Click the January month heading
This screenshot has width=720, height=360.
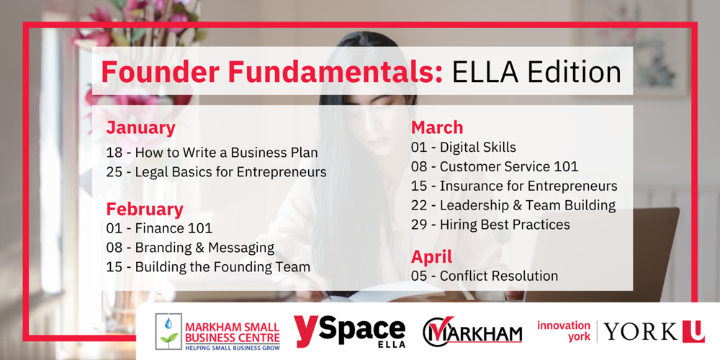click(x=140, y=129)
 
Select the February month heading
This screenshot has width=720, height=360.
click(x=145, y=210)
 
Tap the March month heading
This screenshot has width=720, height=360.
click(x=437, y=127)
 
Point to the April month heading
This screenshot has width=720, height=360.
click(x=431, y=256)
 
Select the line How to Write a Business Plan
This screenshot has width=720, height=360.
click(x=212, y=153)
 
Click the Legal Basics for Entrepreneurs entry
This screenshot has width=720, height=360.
click(x=216, y=172)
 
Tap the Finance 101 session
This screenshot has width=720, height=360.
click(x=159, y=228)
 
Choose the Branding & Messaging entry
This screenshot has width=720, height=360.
click(x=190, y=248)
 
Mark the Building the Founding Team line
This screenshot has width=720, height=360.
click(x=208, y=267)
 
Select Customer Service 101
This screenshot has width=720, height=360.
click(x=495, y=166)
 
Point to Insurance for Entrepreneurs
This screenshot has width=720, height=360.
click(x=514, y=186)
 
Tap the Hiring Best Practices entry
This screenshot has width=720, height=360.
click(x=490, y=225)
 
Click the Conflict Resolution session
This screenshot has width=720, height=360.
click(x=485, y=276)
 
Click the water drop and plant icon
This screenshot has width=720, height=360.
click(x=168, y=331)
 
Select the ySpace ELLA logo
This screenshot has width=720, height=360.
click(x=349, y=331)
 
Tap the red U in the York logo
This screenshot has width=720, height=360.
click(x=693, y=331)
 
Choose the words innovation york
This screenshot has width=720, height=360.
click(x=564, y=331)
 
